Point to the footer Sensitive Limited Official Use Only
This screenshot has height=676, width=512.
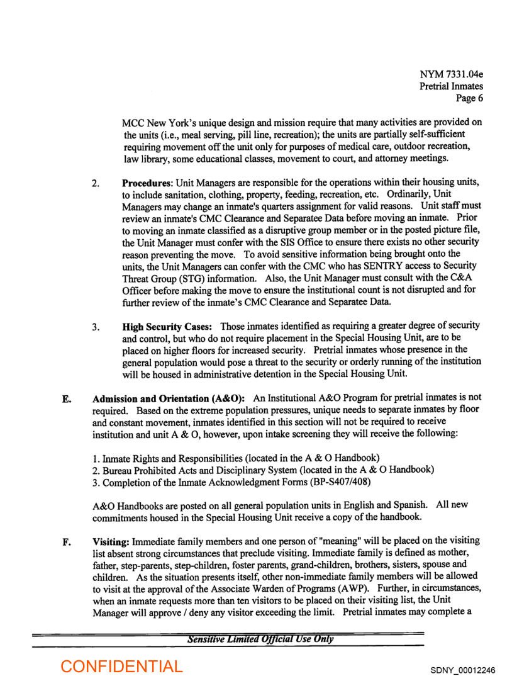260,622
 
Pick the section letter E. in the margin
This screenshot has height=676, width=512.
66,398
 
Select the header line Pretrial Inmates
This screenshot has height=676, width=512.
451,86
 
